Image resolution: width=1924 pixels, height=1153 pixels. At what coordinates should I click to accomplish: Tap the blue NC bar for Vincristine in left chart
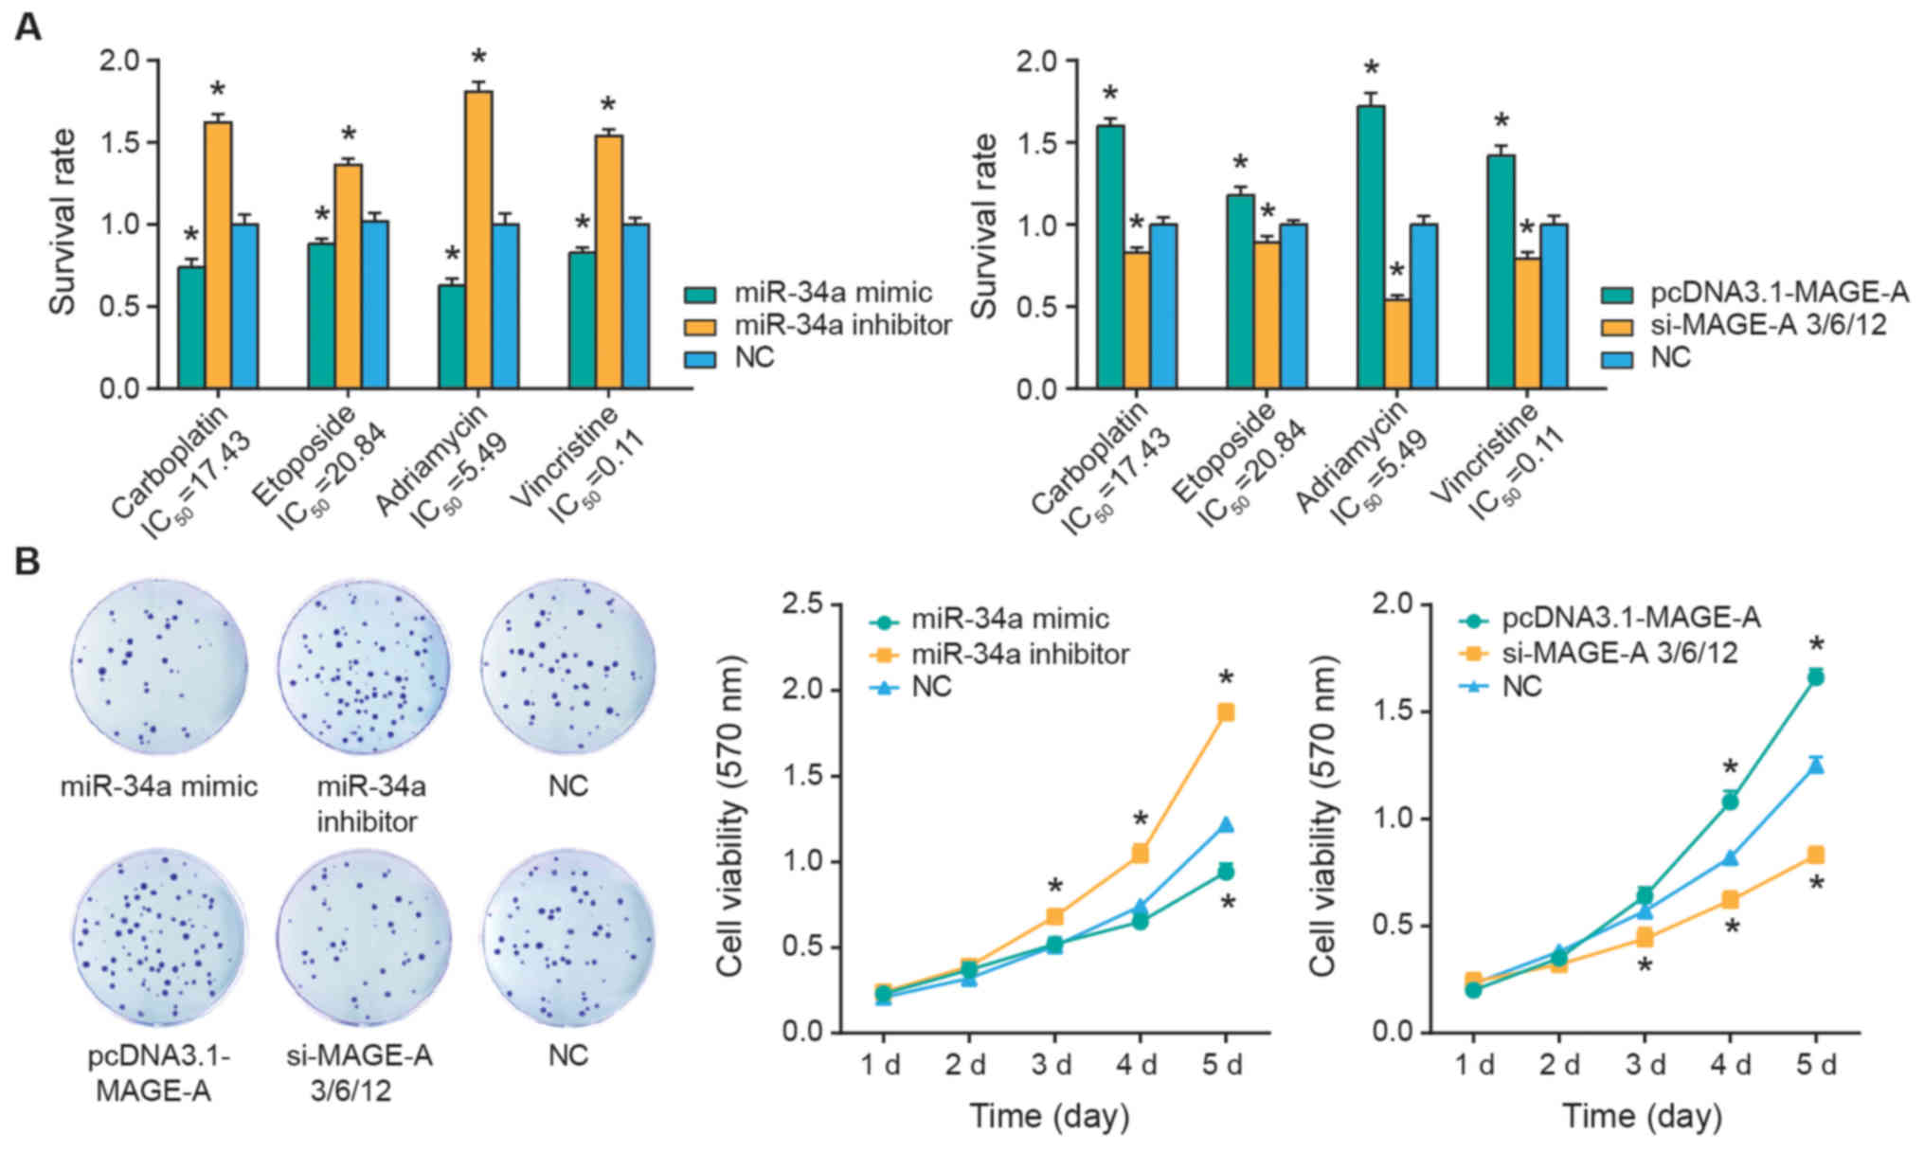636,306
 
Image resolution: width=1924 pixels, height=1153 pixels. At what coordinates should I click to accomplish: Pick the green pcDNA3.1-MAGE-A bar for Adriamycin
1370,246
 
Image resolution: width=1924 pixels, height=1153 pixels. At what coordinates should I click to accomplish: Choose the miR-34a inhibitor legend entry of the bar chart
842,325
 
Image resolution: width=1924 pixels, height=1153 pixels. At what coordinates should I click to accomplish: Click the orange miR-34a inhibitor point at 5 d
1226,712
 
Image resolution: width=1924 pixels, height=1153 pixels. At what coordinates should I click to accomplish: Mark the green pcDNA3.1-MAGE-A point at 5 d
1816,676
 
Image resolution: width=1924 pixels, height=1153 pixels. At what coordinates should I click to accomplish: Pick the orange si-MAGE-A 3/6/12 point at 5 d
1816,855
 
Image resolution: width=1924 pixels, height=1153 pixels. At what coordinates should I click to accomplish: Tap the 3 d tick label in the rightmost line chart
1645,1064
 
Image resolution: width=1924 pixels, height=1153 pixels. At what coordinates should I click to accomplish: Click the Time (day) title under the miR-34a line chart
1049,1116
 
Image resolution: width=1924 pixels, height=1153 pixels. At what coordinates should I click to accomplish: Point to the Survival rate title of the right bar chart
986,225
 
